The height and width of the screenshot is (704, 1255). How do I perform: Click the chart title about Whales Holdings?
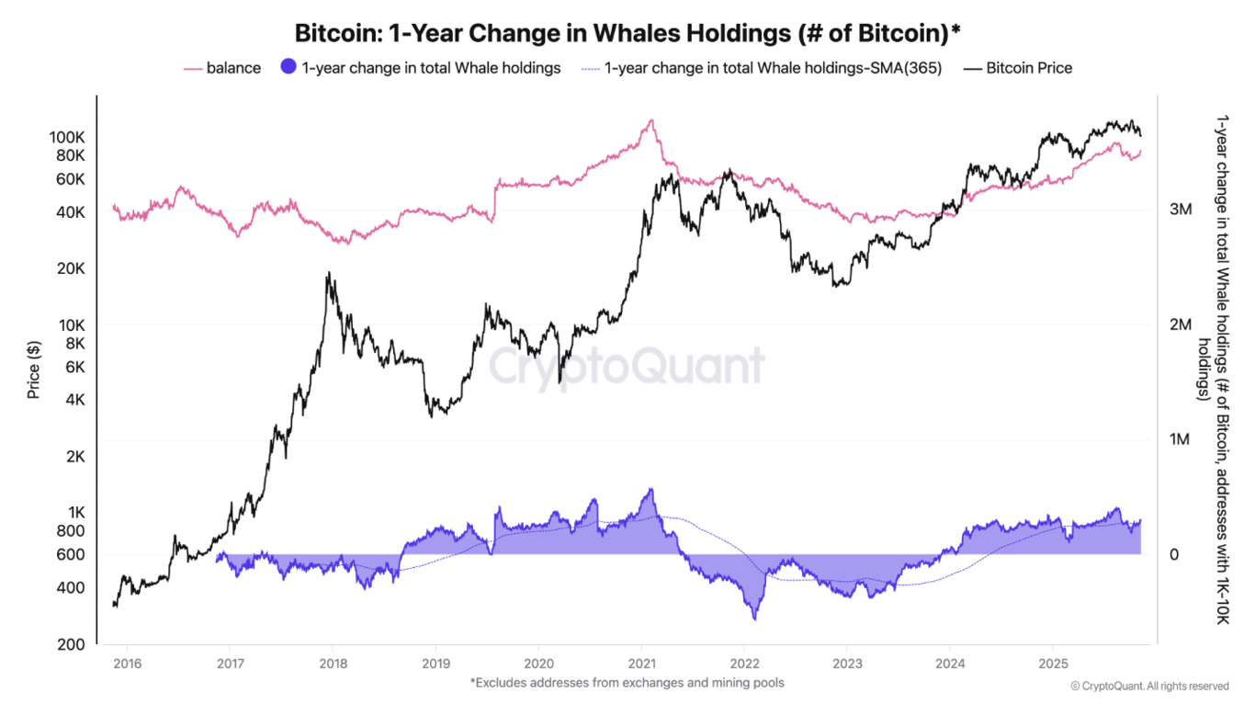point(627,33)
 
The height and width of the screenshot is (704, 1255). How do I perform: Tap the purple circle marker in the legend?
point(288,67)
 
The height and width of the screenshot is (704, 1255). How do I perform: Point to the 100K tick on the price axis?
point(67,137)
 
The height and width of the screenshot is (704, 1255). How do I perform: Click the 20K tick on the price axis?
point(71,268)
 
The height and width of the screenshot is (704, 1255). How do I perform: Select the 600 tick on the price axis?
point(73,554)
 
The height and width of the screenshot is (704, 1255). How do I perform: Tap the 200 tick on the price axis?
point(73,644)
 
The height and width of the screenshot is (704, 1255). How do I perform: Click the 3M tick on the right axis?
point(1181,210)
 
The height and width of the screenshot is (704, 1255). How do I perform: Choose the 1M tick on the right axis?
point(1181,439)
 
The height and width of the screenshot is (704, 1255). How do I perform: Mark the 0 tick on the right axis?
point(1173,554)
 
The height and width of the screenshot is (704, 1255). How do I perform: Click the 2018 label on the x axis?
point(334,664)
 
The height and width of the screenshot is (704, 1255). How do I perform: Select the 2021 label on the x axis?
point(641,664)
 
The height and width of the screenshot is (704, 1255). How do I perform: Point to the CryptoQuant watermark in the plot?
point(626,366)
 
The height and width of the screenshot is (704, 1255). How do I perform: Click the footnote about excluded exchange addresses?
point(627,683)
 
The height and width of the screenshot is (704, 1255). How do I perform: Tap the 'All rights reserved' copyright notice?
point(1149,686)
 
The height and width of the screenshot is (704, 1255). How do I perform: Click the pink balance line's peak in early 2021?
point(650,120)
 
